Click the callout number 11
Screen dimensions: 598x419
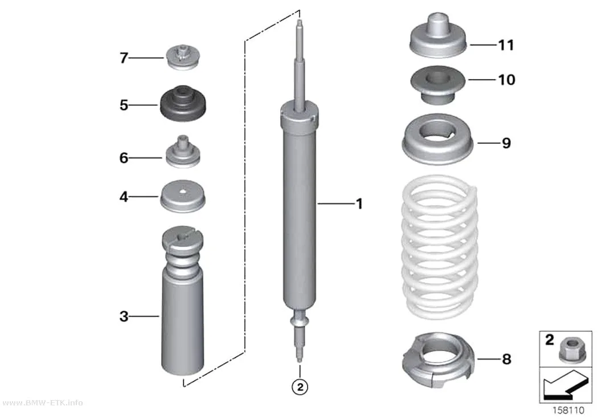click(x=506, y=45)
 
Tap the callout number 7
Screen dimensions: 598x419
click(x=124, y=58)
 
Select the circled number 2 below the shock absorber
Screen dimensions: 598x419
click(x=300, y=387)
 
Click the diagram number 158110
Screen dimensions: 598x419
click(x=568, y=410)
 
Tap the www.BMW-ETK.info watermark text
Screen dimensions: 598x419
click(x=42, y=402)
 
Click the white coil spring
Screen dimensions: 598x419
click(x=440, y=247)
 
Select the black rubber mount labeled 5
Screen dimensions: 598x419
click(x=183, y=104)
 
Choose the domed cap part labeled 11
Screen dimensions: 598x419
click(x=438, y=36)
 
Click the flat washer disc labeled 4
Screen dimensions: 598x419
click(x=183, y=196)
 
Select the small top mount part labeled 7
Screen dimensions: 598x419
click(x=182, y=58)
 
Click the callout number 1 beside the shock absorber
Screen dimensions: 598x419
click(x=359, y=204)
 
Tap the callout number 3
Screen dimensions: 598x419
click(x=124, y=316)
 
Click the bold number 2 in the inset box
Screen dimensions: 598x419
click(x=549, y=340)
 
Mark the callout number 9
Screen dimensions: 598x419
click(x=506, y=143)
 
